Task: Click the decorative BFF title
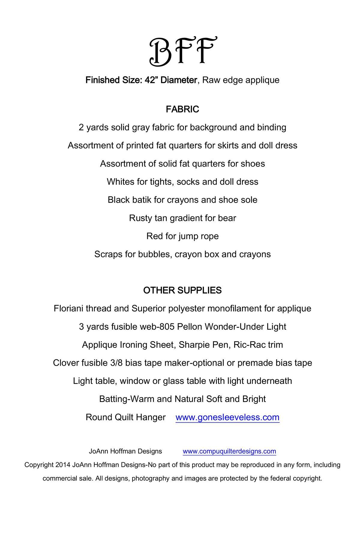pos(183,52)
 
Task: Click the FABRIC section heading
pos(182,109)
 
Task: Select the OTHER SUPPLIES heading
pos(182,290)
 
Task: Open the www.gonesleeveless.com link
pos(227,417)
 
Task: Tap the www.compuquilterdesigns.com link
pos(229,451)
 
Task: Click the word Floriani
pos(68,308)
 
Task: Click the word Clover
pos(66,363)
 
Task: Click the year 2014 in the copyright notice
pos(63,465)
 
